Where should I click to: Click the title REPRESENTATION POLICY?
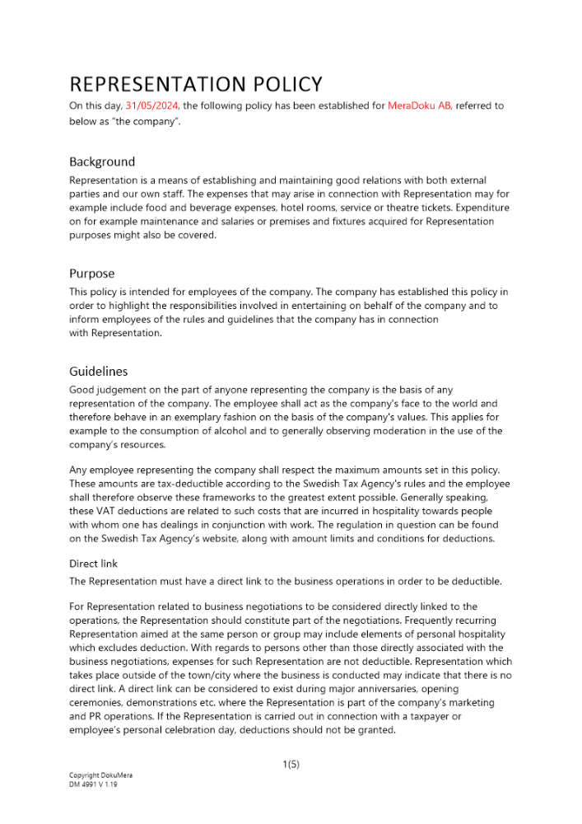pos(196,84)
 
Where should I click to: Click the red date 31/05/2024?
pos(152,105)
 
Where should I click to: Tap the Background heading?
pos(102,162)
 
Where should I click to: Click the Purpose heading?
pos(92,274)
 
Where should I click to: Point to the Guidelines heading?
pos(99,372)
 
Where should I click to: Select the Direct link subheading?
pos(94,564)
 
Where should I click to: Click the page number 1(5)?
pos(291,765)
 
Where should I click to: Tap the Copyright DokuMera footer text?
pos(100,776)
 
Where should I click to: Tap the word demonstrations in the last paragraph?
pos(167,702)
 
